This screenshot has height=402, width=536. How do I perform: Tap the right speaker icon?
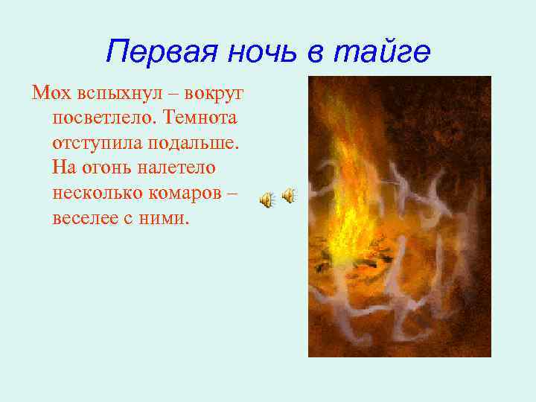[289, 196]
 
